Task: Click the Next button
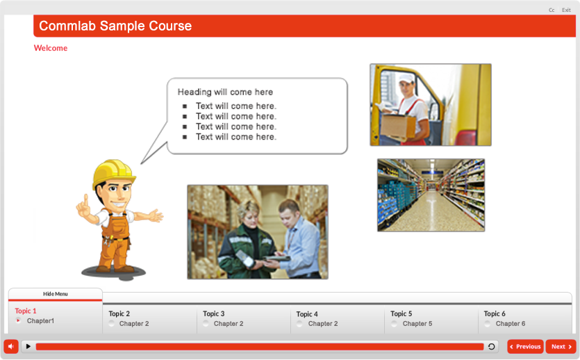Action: [561, 346]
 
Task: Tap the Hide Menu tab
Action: [56, 294]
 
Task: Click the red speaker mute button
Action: [11, 346]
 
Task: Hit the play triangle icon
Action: [28, 346]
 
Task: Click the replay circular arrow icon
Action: [492, 346]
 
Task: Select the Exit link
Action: [566, 10]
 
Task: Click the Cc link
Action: [552, 10]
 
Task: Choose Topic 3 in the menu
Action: [213, 313]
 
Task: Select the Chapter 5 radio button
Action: [395, 324]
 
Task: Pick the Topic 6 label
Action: [495, 313]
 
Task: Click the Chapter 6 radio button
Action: [488, 324]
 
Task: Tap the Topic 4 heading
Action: [307, 314]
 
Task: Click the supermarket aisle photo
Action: [431, 195]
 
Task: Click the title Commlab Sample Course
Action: [115, 26]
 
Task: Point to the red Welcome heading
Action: [51, 48]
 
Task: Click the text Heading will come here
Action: [225, 92]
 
